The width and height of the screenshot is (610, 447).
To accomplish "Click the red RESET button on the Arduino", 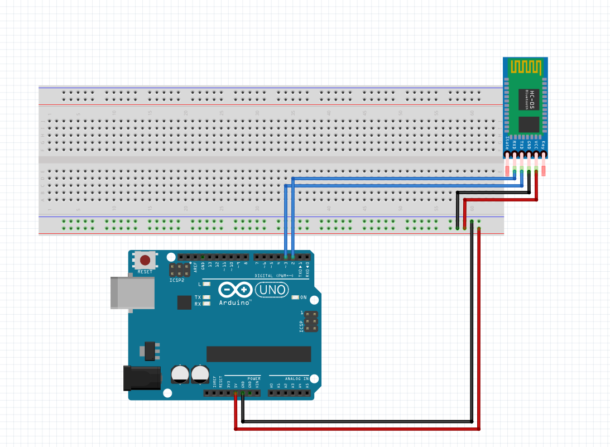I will (x=145, y=260).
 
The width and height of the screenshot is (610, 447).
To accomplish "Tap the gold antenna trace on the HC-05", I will (x=526, y=67).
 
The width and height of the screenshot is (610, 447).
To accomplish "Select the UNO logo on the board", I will (x=272, y=290).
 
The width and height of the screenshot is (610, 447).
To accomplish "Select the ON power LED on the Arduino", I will (x=296, y=297).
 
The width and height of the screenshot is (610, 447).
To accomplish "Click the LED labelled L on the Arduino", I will (x=206, y=284).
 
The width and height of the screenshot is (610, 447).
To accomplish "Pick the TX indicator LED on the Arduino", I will (x=206, y=297).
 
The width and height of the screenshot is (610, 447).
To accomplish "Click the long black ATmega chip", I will (x=258, y=354).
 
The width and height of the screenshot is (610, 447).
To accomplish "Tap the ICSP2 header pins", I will (x=180, y=270).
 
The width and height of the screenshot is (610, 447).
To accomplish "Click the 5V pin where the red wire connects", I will (x=236, y=393).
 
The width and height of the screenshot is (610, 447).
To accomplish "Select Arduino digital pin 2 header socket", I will (x=292, y=257).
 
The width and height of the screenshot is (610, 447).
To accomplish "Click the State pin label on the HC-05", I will (x=507, y=143).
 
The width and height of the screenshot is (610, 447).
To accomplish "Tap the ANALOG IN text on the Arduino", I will (x=297, y=378).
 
